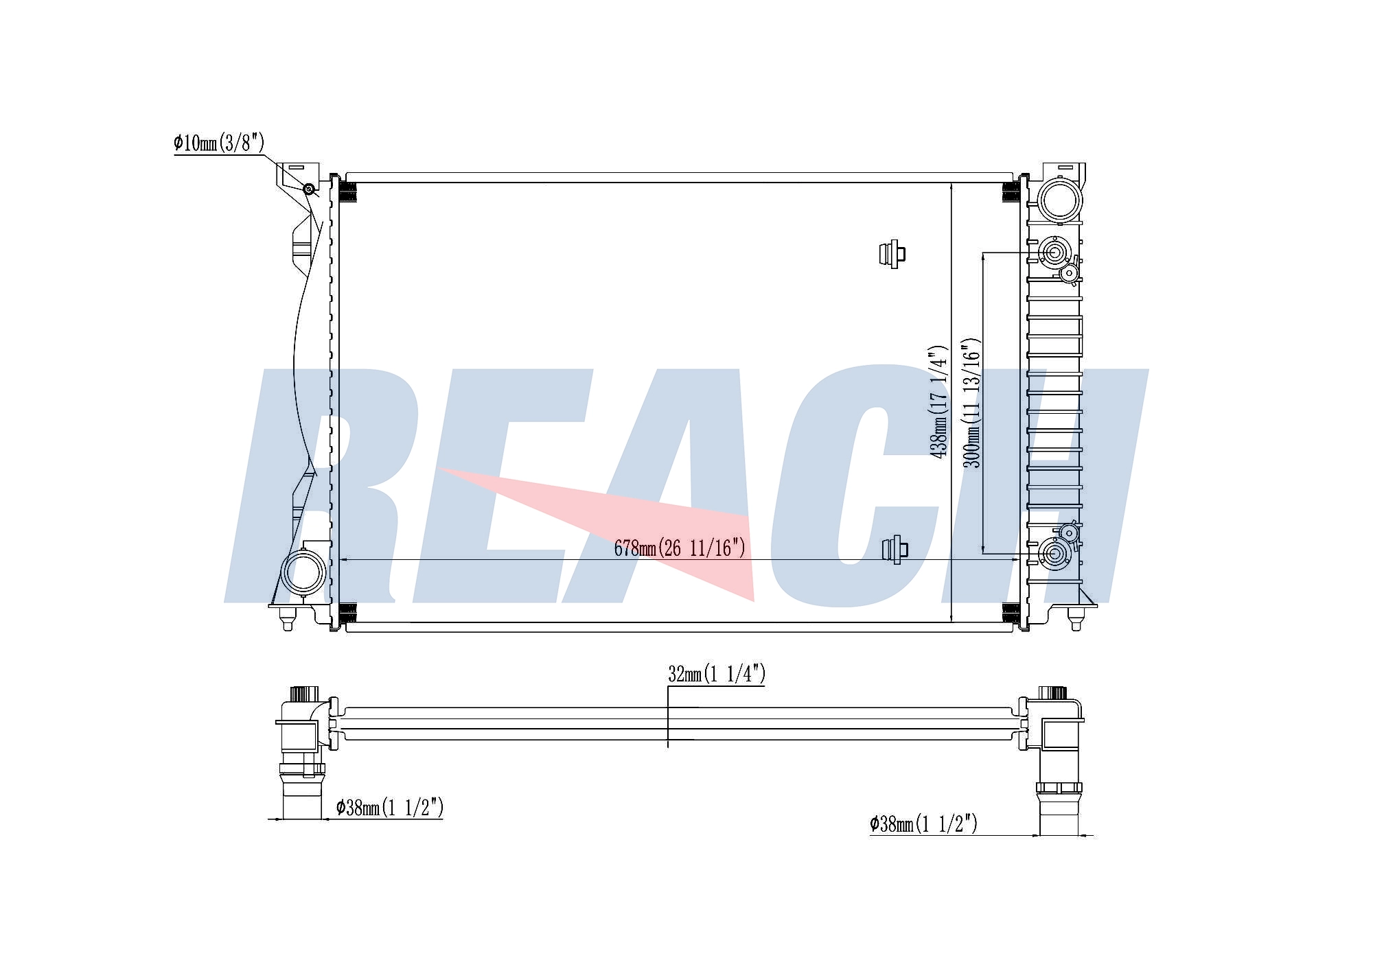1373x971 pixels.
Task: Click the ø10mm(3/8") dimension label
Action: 218,143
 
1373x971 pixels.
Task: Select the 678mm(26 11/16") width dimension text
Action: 679,548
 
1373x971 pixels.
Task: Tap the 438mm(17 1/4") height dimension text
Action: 938,402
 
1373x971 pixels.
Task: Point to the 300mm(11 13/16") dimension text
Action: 971,403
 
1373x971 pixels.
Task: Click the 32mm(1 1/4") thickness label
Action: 717,674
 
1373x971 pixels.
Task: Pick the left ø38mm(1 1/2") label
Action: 389,808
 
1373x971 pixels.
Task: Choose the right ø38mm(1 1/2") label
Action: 923,823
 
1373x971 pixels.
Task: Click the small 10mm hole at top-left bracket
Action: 309,189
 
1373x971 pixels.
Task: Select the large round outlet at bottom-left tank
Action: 303,572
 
